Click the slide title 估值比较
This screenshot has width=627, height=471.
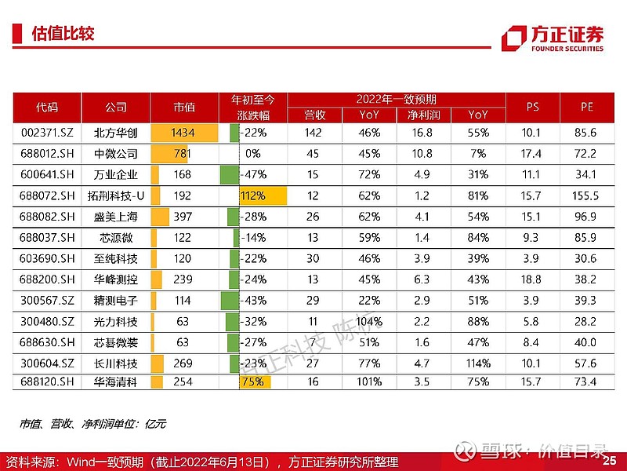click(62, 34)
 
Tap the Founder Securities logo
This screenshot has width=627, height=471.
click(553, 38)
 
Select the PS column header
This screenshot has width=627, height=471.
click(532, 108)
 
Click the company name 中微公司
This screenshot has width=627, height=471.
click(115, 153)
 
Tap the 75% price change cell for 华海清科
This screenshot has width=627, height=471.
click(252, 382)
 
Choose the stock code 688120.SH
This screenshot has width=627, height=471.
click(47, 382)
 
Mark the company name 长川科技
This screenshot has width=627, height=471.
click(115, 363)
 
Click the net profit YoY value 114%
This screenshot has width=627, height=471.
click(478, 363)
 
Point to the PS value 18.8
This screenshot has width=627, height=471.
click(532, 279)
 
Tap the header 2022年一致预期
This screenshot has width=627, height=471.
click(396, 99)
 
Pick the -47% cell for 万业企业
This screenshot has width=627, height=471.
click(252, 174)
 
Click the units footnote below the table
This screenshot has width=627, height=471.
click(93, 424)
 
